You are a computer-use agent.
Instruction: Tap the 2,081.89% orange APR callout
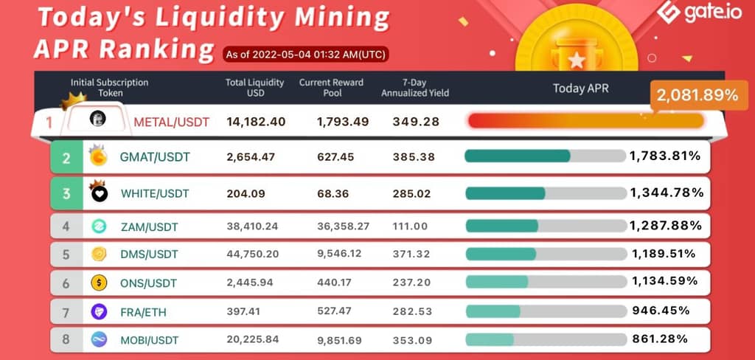694,95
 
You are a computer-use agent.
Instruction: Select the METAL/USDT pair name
171,122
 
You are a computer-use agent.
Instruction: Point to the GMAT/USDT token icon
98,156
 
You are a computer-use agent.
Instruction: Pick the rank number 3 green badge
66,194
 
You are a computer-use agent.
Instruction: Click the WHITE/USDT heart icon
99,195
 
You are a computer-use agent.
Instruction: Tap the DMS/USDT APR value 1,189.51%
664,254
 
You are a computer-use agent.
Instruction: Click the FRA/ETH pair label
143,312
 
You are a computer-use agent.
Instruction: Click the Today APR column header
581,89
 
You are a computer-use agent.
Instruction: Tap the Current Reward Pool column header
331,88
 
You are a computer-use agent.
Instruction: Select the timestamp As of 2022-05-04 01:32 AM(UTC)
305,54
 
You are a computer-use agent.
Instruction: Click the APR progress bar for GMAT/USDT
545,156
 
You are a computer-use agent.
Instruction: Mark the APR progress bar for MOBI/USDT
545,339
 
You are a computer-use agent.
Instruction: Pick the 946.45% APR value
661,311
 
